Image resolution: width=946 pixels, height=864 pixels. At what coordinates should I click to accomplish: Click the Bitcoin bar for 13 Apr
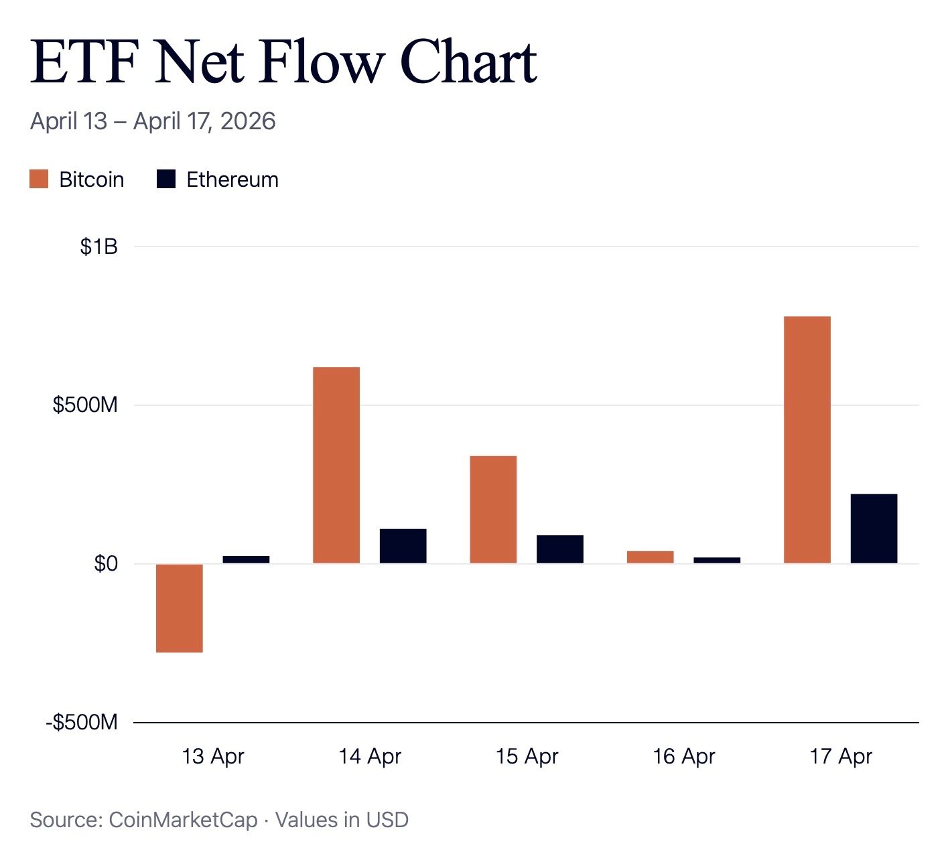179,608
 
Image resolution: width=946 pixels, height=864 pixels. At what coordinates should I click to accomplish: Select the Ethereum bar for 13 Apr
246,559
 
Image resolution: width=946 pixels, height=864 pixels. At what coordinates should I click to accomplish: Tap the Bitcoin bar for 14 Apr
336,465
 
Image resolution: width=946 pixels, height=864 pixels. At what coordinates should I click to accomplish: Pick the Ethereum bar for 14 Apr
403,546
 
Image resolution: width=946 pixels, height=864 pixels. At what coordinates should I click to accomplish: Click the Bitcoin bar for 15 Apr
493,510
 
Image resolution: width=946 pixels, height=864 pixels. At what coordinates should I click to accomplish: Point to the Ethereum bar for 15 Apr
560,549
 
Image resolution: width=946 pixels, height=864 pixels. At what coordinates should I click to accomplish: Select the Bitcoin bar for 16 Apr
651,557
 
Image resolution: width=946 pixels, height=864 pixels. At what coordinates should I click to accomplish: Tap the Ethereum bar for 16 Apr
718,561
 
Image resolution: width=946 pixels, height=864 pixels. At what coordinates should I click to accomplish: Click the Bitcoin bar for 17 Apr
807,440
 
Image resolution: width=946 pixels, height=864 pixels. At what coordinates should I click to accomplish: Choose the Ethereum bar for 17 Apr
874,528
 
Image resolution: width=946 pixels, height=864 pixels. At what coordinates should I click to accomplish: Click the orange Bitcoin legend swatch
39,179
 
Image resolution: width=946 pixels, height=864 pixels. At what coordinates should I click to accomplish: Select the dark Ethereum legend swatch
166,179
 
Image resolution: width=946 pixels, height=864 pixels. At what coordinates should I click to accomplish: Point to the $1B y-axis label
98,246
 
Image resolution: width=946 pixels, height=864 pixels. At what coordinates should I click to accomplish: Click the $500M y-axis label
85,405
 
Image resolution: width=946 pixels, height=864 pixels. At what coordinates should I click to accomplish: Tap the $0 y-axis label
106,563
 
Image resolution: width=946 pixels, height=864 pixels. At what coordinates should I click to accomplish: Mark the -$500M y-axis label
82,722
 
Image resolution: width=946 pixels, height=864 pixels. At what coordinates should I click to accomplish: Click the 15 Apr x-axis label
527,757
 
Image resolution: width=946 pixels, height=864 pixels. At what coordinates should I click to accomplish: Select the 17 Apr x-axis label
841,757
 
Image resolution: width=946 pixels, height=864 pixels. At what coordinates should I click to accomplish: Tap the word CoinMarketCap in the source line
184,820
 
